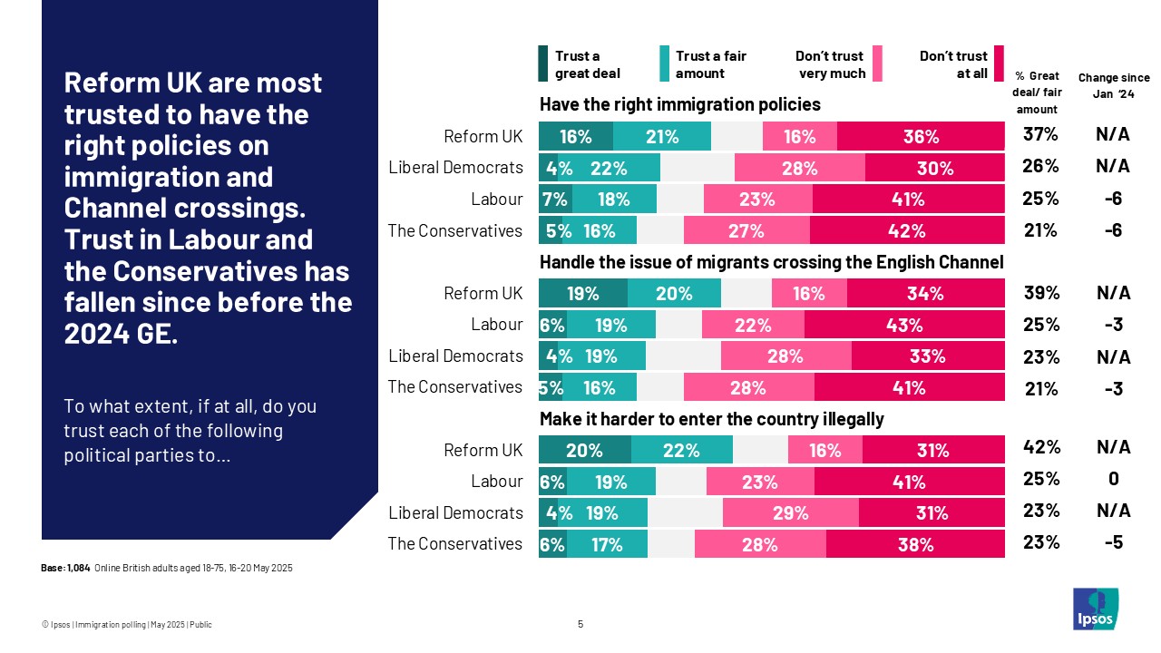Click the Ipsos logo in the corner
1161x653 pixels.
pos(1096,609)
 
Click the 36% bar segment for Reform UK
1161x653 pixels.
pos(921,136)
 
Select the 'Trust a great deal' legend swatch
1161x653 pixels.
pos(543,63)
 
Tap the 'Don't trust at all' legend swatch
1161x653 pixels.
pos(999,63)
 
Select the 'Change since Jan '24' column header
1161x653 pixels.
pos(1113,85)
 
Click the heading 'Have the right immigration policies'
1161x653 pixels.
pos(679,104)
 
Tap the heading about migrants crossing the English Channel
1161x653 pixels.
pos(771,262)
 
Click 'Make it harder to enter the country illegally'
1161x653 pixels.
pos(711,419)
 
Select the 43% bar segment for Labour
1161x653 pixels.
pos(904,325)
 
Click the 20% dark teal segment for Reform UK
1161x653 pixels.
pos(584,450)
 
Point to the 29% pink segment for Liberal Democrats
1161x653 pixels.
pos(790,512)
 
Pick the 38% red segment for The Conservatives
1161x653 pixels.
pos(915,544)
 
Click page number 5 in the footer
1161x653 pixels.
pos(580,624)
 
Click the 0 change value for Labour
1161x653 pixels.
pos(1113,480)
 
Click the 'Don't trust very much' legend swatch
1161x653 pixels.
pos(877,63)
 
